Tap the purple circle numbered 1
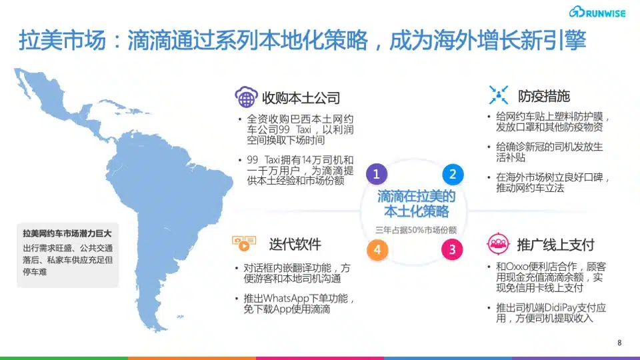point(376,174)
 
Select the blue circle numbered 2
point(453,174)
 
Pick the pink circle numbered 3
point(452,249)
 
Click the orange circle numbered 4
point(377,249)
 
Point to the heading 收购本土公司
point(301,98)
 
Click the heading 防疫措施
point(544,96)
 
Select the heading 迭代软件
point(295,244)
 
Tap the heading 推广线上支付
point(555,245)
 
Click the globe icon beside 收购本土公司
point(246,97)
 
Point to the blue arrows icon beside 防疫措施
point(499,95)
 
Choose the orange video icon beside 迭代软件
point(244,243)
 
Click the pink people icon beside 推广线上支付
point(498,244)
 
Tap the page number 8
point(619,343)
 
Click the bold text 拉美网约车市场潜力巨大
point(67,233)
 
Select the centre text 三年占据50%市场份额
point(416,230)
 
